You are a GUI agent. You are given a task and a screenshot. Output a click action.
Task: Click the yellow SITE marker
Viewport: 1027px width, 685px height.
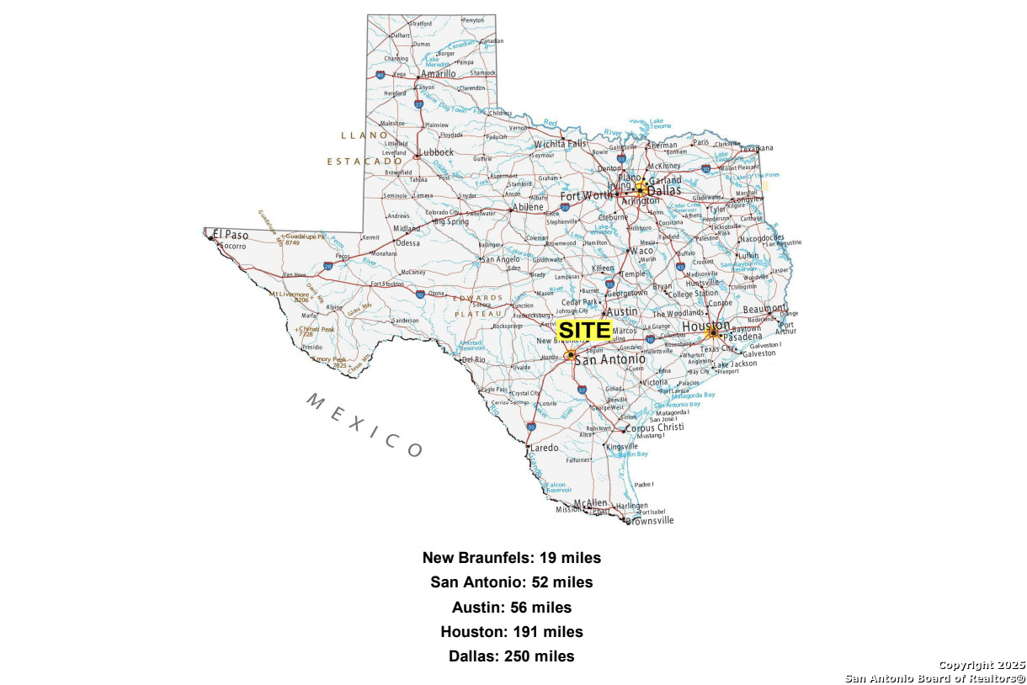(x=584, y=331)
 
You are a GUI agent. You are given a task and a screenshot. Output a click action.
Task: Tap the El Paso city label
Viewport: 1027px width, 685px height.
(x=231, y=235)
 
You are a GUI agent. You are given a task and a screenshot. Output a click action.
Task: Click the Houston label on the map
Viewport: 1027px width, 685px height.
(x=705, y=326)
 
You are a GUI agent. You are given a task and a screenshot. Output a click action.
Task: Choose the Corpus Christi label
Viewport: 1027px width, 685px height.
(x=656, y=427)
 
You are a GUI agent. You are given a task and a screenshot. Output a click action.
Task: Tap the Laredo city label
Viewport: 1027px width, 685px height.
(x=544, y=448)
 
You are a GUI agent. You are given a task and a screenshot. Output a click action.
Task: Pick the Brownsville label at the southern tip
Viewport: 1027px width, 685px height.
(x=649, y=521)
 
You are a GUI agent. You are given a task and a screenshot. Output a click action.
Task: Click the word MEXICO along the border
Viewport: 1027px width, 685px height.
(x=364, y=424)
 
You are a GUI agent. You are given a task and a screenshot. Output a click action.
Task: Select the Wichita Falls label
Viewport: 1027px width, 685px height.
(x=560, y=144)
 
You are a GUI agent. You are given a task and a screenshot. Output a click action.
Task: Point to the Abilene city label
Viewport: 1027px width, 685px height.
(x=528, y=207)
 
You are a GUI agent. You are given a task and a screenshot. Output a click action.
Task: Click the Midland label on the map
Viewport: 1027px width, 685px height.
(x=407, y=229)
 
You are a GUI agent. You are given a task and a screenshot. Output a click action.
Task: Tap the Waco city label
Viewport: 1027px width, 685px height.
(x=641, y=251)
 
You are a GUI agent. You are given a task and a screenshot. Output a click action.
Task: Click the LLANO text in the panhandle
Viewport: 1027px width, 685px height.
(x=365, y=135)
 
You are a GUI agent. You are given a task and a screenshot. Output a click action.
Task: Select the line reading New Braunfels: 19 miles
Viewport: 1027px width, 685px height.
(x=512, y=558)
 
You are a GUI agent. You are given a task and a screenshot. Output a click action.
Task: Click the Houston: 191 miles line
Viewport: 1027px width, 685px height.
(x=512, y=632)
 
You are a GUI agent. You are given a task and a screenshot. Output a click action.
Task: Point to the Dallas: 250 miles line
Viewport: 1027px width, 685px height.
(x=512, y=656)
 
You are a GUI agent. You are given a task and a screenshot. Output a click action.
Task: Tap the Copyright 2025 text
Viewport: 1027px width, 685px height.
(x=982, y=665)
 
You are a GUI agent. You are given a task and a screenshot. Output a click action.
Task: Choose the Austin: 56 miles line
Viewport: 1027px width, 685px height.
(x=512, y=608)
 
